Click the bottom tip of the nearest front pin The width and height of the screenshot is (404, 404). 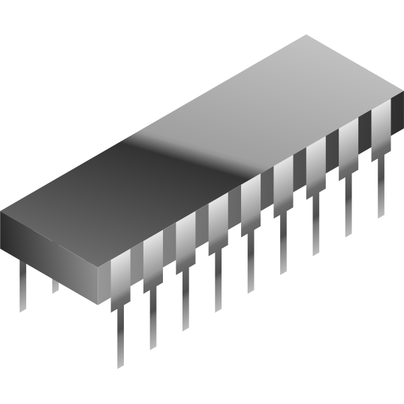click(x=119, y=364)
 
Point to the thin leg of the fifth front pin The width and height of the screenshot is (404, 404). click(x=250, y=266)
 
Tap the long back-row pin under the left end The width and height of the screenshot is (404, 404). click(x=23, y=286)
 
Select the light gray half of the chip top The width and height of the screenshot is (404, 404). click(x=283, y=101)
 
